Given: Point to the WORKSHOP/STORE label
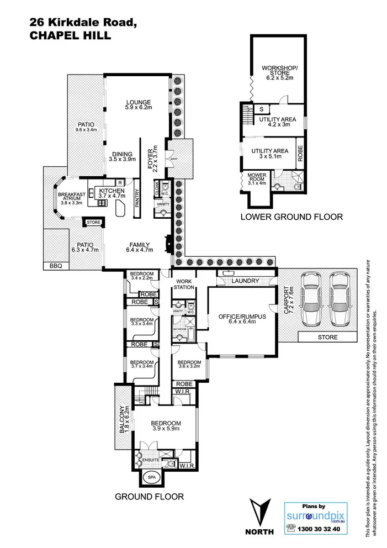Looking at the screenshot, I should (x=279, y=72).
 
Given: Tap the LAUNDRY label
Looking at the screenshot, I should (x=245, y=281).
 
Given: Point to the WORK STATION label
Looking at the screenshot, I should (x=184, y=283).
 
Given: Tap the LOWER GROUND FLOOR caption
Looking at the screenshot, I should (x=291, y=217).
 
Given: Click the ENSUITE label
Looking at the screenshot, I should (x=151, y=459).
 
